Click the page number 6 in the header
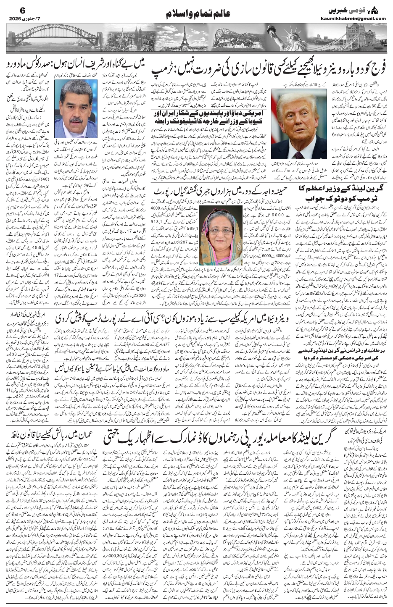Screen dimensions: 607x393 [11, 10]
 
